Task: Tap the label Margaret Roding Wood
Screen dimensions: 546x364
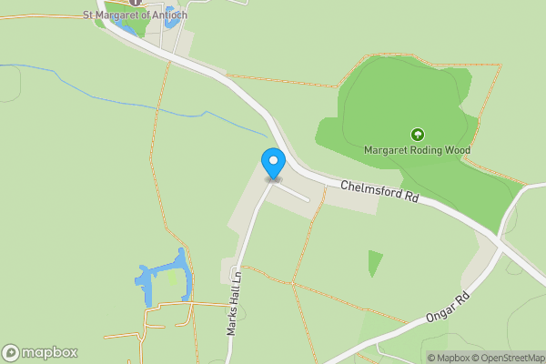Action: [x=418, y=150]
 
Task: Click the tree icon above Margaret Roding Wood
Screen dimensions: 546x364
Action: [x=418, y=135]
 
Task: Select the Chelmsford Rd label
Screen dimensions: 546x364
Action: [x=379, y=191]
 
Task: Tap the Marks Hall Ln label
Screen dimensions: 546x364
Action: [x=233, y=303]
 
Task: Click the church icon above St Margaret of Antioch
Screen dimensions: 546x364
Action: [x=135, y=3]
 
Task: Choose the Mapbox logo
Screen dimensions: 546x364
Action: [x=39, y=352]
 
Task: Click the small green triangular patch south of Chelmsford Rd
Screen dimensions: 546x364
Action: [x=374, y=263]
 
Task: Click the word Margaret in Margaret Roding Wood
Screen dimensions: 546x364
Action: [x=385, y=150]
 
